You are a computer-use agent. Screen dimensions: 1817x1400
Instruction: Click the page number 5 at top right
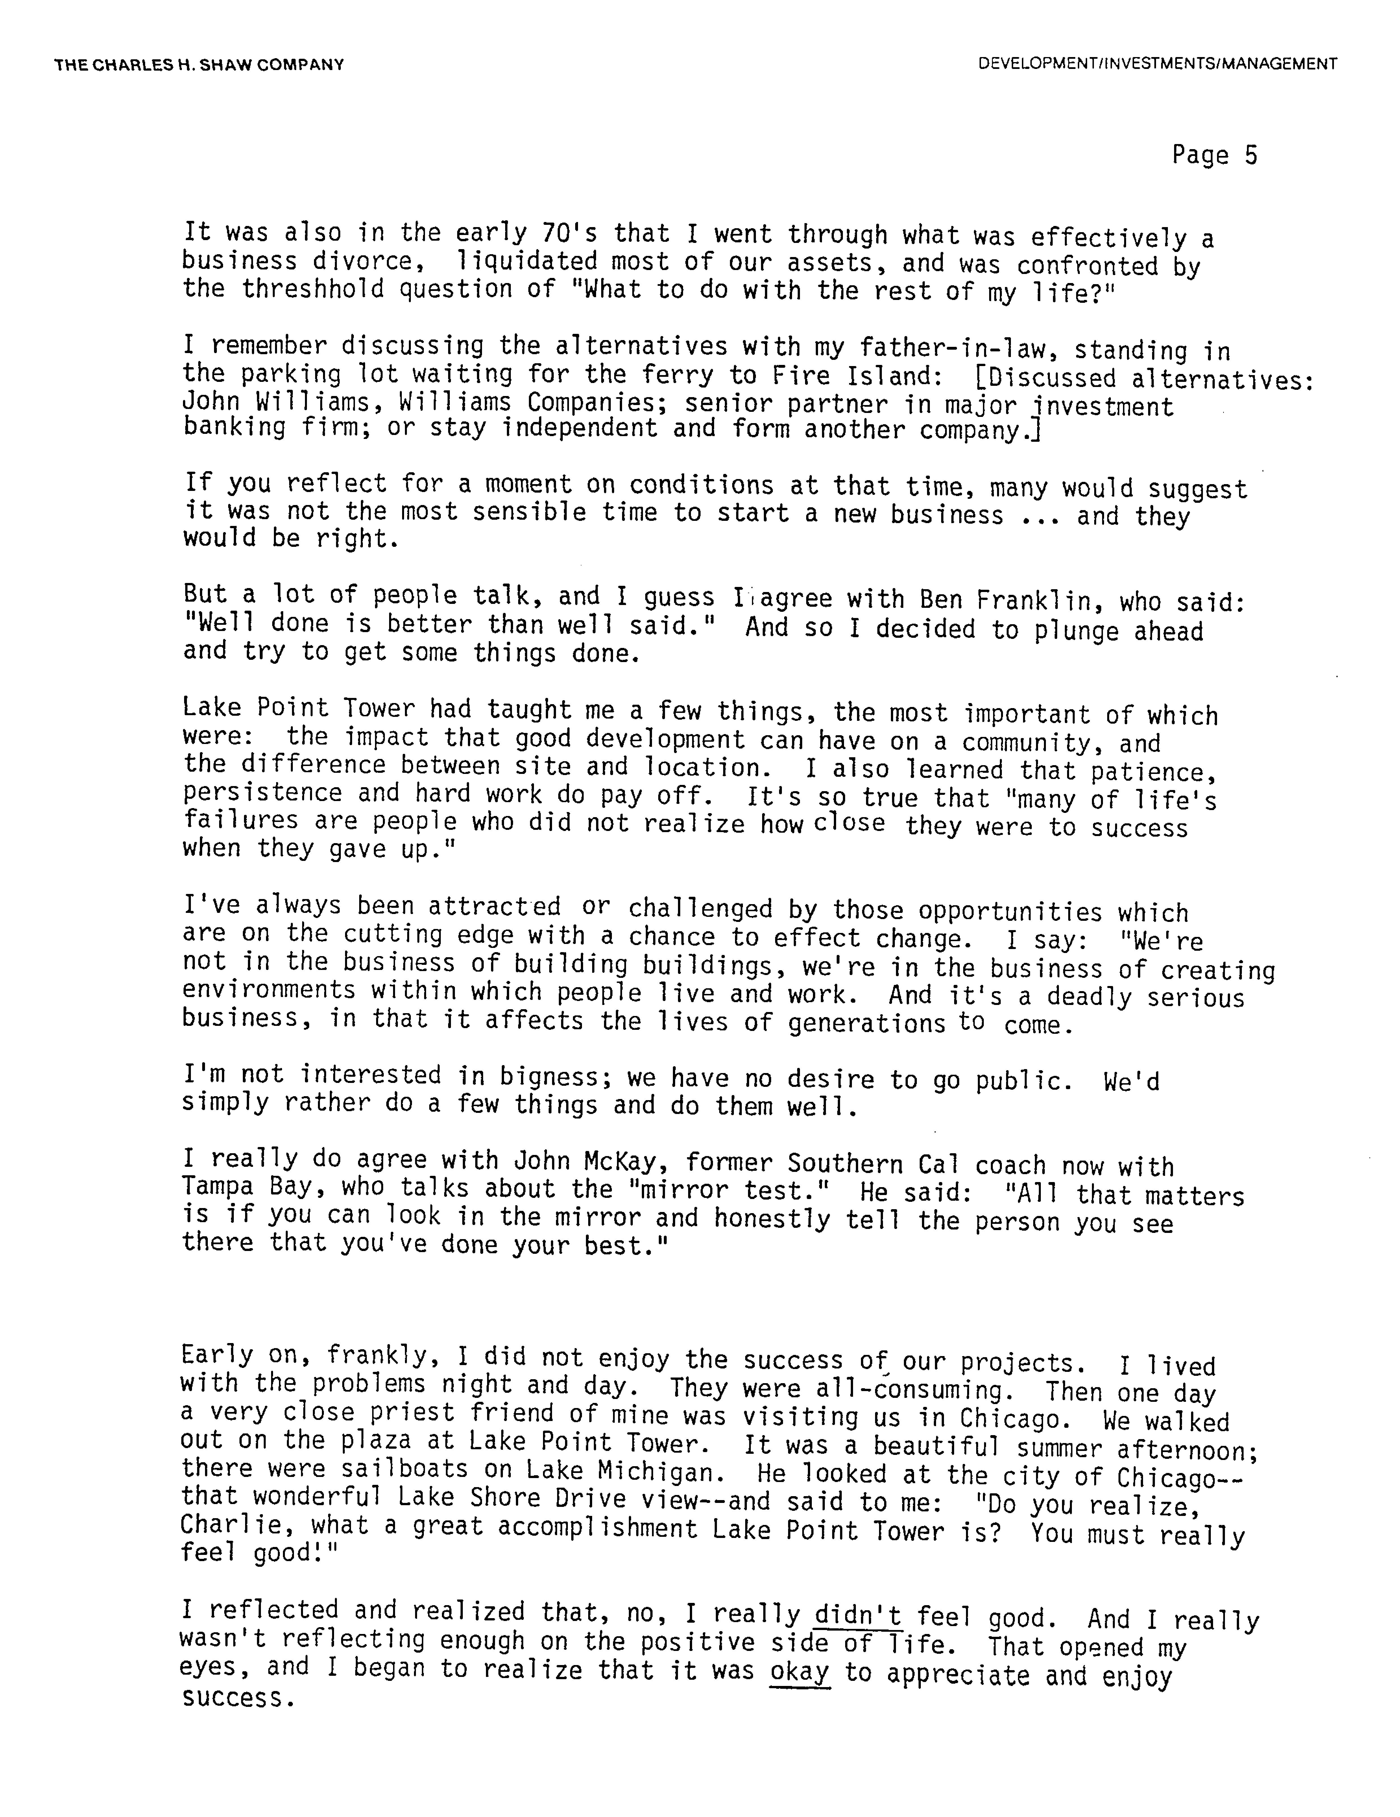pyautogui.click(x=1250, y=156)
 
